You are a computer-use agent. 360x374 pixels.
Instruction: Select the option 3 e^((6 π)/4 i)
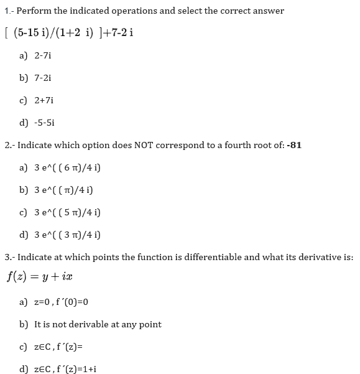[68, 167]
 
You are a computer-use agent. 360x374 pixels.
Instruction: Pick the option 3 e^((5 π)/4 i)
[68, 212]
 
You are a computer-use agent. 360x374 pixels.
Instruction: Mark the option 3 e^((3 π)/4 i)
[68, 235]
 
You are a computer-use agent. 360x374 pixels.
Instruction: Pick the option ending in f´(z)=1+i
[65, 368]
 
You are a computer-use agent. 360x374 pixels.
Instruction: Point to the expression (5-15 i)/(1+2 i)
[59, 33]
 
